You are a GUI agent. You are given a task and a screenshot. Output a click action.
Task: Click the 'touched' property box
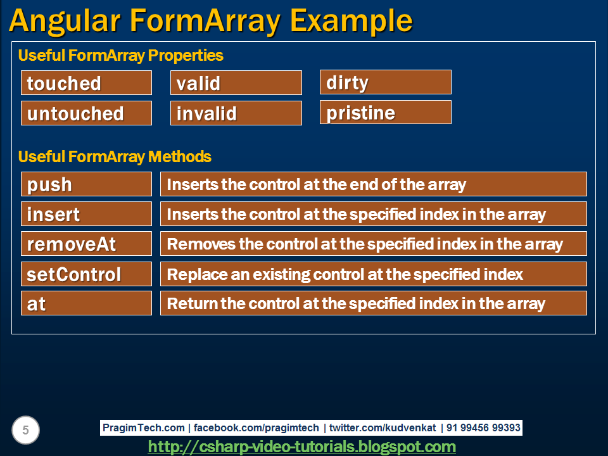point(86,83)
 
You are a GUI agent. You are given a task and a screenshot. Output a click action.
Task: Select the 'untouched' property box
point(86,113)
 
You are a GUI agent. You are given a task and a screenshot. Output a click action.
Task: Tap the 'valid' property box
point(236,83)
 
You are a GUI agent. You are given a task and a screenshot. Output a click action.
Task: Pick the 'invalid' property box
point(236,113)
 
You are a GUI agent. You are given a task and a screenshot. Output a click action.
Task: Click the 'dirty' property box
point(385,82)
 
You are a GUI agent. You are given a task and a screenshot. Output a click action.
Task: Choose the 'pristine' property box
point(385,113)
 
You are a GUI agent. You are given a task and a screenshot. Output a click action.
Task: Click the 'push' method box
point(86,184)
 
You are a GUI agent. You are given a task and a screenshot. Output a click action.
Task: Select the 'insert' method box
point(86,214)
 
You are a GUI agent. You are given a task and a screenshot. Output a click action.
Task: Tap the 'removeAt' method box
point(86,244)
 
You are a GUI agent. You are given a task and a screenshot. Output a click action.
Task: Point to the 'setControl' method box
point(86,274)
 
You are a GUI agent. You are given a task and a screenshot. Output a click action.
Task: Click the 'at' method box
point(86,303)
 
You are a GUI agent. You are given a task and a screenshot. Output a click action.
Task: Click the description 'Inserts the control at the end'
point(373,184)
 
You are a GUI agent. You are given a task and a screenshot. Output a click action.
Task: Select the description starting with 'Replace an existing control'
point(373,274)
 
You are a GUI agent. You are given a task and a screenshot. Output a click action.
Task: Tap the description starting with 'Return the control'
point(373,303)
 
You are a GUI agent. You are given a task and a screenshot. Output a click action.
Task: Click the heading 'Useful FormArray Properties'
point(120,55)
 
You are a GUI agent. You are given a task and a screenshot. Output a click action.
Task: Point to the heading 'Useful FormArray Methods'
point(114,156)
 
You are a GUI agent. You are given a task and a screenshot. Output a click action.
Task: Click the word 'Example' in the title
point(351,21)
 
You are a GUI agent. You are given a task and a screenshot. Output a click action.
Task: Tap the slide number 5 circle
point(25,431)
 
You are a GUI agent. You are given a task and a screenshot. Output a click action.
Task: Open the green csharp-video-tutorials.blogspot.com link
point(301,446)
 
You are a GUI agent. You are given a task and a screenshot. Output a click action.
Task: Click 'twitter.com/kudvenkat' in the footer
point(382,427)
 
